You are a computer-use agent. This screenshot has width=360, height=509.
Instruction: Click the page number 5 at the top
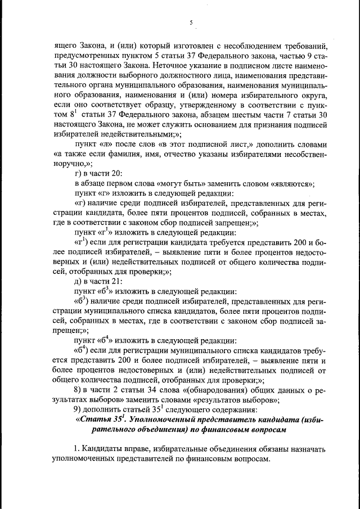coord(191,22)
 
